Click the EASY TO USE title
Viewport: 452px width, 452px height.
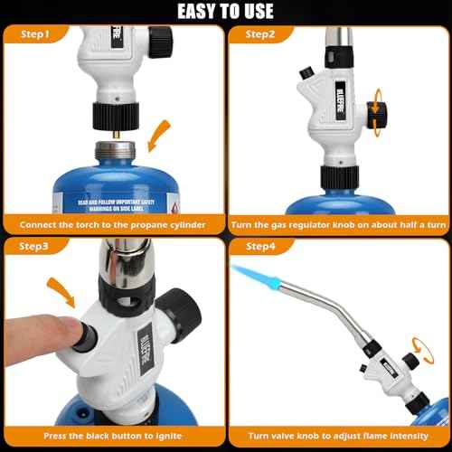point(225,11)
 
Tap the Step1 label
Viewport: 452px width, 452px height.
point(33,34)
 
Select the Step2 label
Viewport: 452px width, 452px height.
point(258,34)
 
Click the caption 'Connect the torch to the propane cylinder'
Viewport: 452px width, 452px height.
point(113,221)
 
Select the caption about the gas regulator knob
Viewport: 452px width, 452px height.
point(337,221)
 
